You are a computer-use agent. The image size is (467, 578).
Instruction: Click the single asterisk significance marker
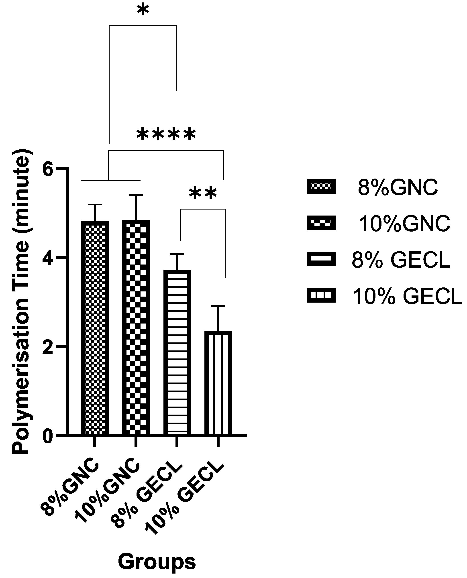143,11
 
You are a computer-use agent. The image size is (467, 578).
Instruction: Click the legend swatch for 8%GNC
321,186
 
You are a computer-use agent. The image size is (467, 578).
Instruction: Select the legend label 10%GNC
404,224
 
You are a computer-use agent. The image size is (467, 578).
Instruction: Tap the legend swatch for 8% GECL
321,260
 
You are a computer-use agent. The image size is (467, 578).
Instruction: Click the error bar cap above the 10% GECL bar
218,306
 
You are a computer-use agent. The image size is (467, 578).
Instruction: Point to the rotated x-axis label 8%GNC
70,488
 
